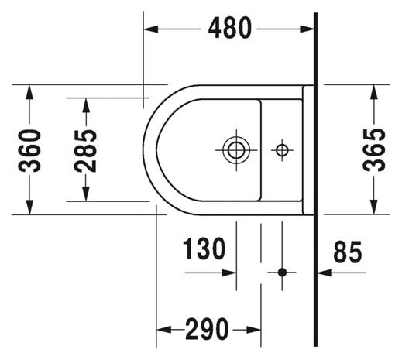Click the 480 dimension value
(229, 28)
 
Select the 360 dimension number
(29, 151)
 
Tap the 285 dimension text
(85, 151)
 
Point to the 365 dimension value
(374, 150)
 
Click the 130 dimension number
(204, 249)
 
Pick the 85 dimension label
(348, 252)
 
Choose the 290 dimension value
(207, 329)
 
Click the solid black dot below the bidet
(282, 273)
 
